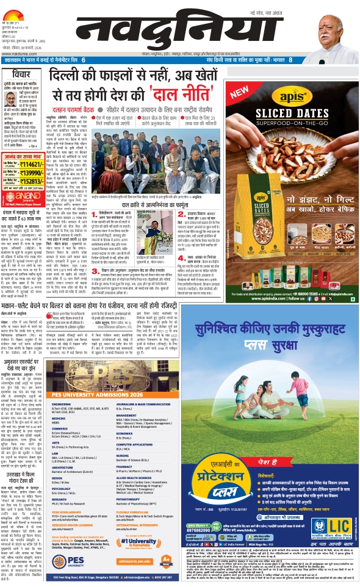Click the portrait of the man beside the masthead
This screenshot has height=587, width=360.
pyautogui.click(x=335, y=27)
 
